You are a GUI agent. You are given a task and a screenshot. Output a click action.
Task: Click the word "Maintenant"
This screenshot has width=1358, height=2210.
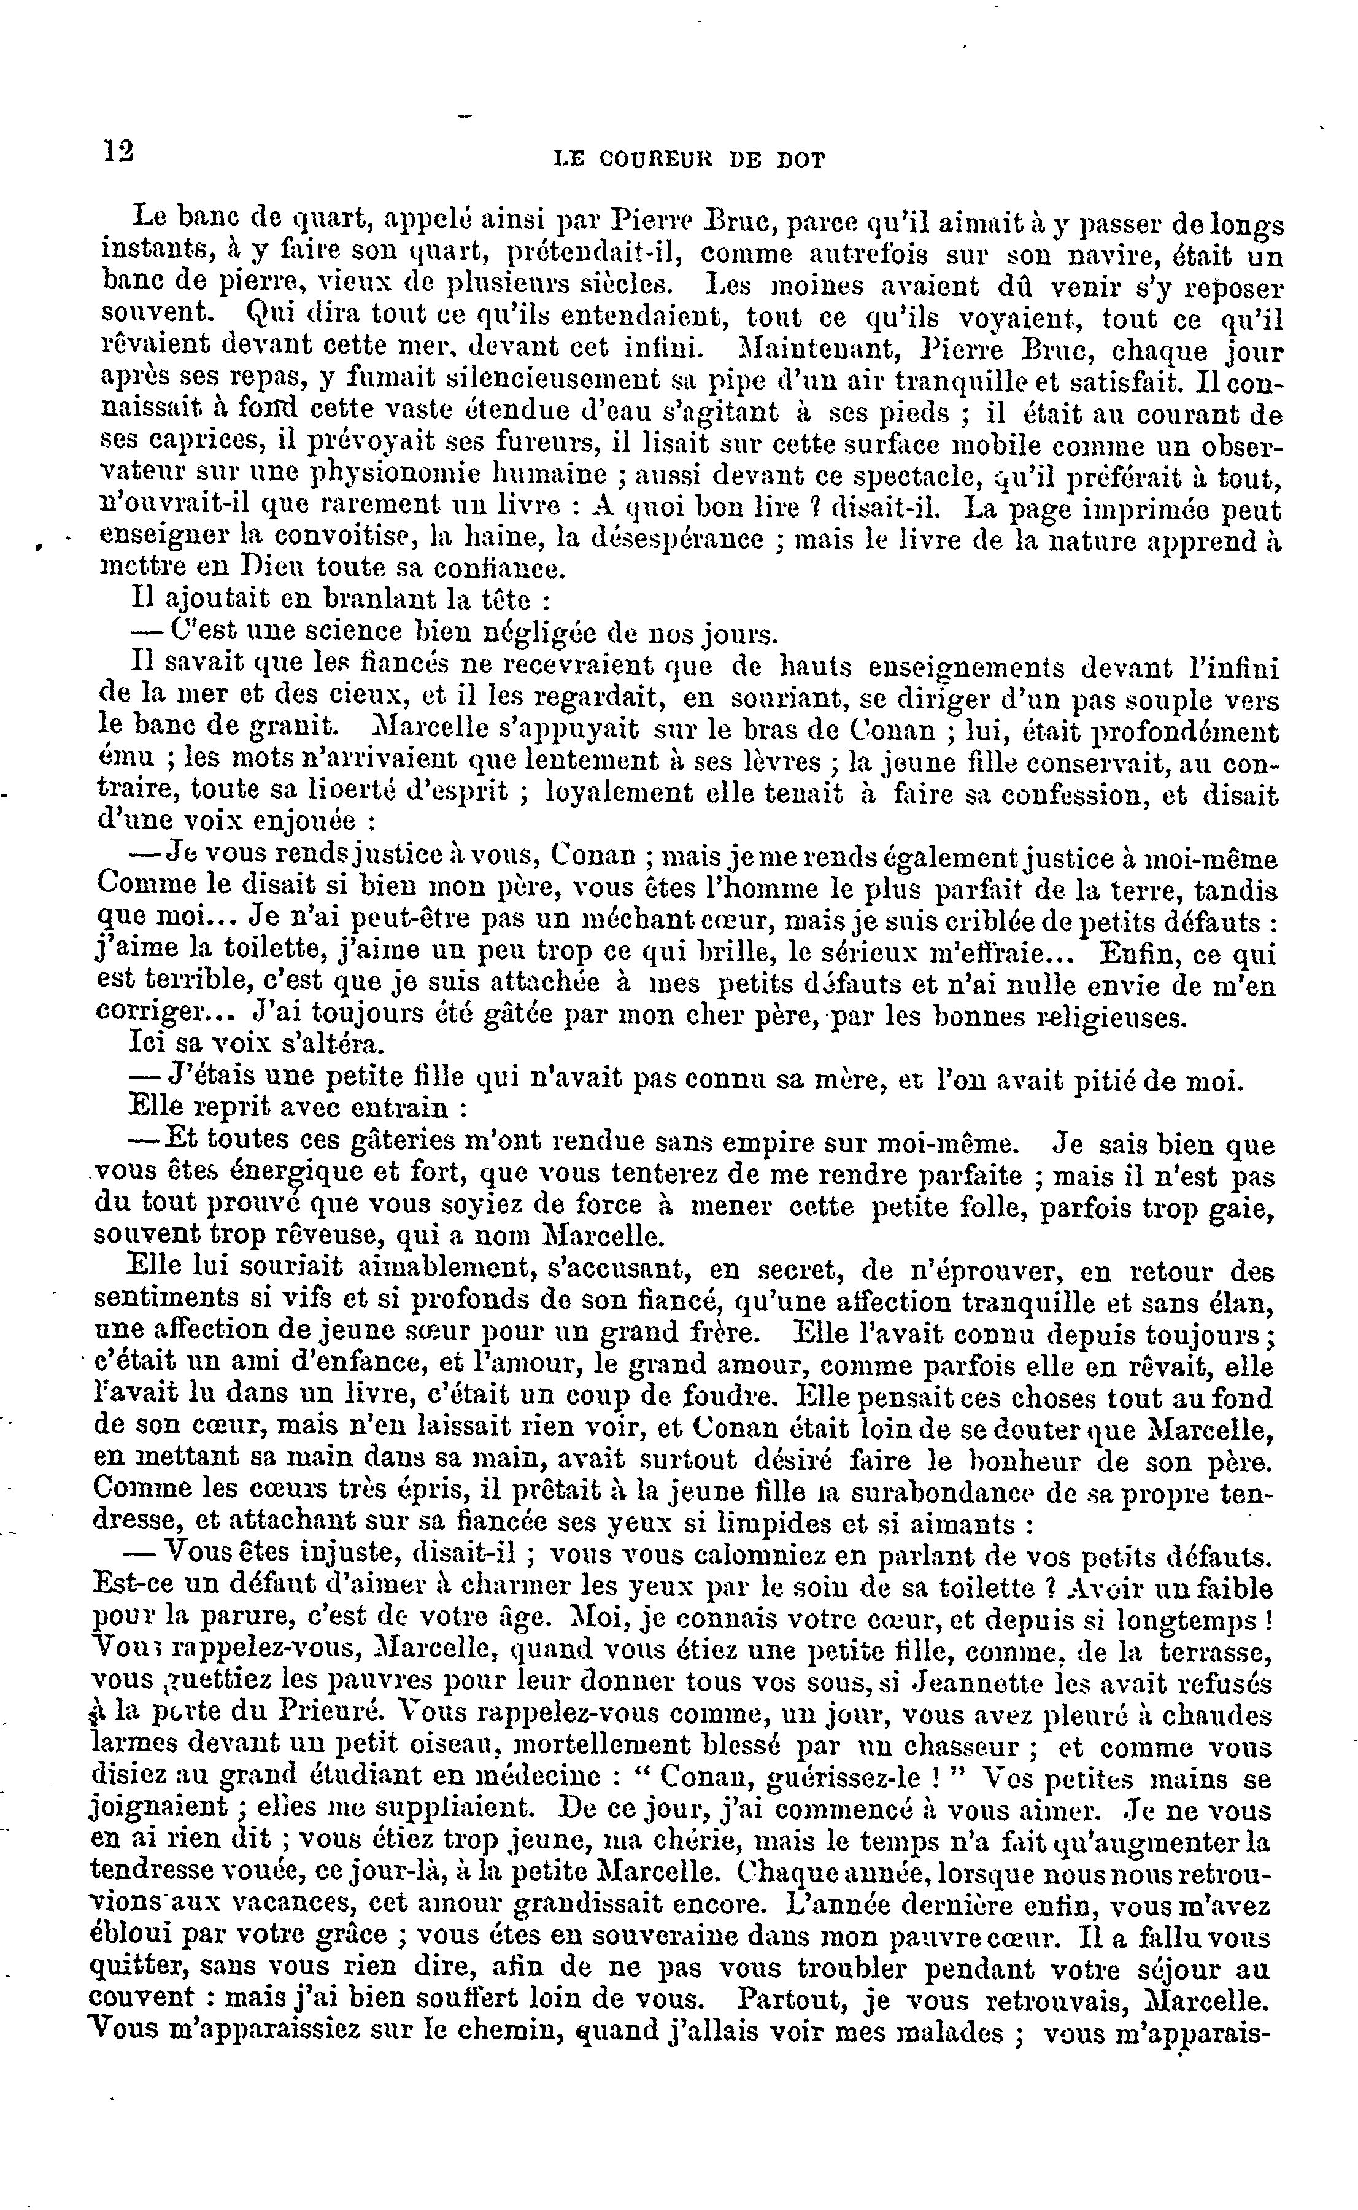810,349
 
